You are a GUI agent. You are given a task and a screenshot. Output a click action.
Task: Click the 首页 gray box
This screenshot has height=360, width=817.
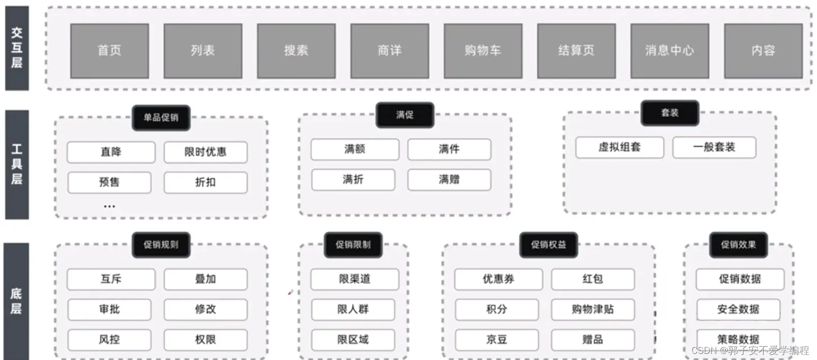[109, 51]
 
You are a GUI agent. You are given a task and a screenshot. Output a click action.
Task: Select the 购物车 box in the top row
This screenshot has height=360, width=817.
[483, 51]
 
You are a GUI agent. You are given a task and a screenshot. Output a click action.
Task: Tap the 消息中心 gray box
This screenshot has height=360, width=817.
[670, 51]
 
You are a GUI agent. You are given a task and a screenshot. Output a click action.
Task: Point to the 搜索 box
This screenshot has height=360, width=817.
[296, 51]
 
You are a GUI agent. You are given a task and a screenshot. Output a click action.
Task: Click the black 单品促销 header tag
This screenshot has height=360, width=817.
[161, 117]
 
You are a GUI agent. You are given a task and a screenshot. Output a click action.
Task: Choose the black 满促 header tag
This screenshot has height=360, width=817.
[405, 115]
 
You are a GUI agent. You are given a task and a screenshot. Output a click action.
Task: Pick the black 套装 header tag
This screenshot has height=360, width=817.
[670, 113]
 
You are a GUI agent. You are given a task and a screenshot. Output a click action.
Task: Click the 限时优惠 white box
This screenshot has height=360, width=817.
[205, 152]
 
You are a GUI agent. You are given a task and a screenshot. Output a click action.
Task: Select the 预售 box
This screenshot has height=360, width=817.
[109, 183]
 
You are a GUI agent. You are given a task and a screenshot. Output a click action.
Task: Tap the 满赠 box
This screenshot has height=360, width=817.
[449, 179]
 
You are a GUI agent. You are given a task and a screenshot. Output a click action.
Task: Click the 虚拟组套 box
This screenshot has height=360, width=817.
[619, 147]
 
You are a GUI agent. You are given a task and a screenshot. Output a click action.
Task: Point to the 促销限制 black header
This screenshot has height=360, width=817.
[353, 245]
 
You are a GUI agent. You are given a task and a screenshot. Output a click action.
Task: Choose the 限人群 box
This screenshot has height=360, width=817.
[353, 309]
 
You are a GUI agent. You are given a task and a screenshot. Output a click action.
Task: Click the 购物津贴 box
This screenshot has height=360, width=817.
[593, 309]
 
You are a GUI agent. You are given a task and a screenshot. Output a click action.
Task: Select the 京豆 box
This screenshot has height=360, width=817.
[496, 339]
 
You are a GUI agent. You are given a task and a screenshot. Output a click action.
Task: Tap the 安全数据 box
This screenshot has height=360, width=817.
[738, 309]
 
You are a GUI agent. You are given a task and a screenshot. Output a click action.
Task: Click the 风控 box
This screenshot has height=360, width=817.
[109, 339]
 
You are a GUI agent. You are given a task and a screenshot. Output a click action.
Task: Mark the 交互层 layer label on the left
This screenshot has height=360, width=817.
[17, 48]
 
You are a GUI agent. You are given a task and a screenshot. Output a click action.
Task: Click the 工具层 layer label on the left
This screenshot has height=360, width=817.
[17, 164]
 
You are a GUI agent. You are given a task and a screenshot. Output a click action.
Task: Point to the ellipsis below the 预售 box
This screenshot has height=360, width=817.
[109, 206]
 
